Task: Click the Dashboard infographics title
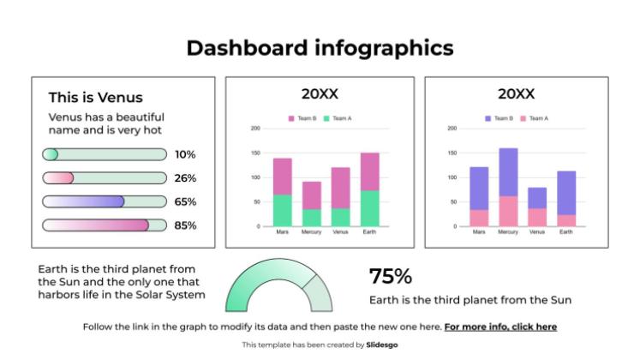[320, 48]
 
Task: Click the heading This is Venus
[95, 98]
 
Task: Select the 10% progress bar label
[185, 155]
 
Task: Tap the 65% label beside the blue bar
[185, 202]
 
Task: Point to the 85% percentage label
[185, 226]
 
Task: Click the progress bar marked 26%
[104, 178]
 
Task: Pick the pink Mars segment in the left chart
[282, 176]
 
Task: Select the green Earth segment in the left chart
[369, 208]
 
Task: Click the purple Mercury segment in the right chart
[508, 171]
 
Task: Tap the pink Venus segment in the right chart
[537, 218]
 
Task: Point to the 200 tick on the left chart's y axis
[255, 129]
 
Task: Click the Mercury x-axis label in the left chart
[311, 232]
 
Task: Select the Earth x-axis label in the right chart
[566, 232]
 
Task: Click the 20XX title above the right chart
[516, 94]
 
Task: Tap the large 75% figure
[390, 277]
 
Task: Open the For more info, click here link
[500, 327]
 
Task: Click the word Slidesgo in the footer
[381, 345]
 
